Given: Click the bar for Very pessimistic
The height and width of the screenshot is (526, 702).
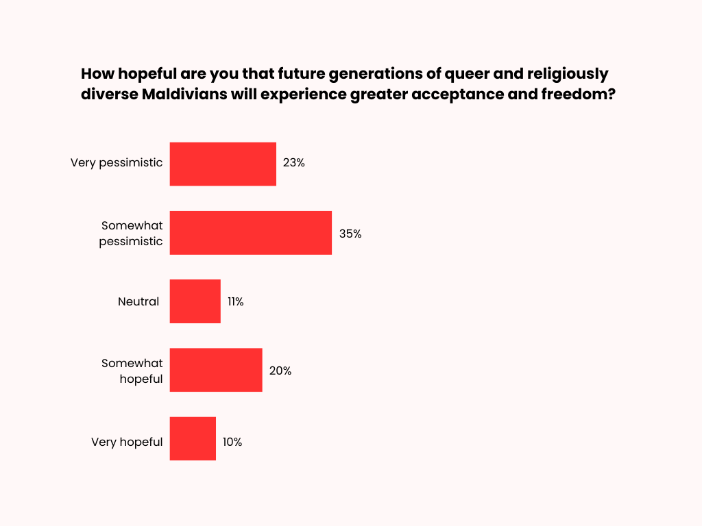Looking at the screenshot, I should [x=223, y=164].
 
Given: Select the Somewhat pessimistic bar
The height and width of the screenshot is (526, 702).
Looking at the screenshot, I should [x=251, y=233].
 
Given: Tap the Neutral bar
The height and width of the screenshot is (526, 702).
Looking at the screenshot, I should [x=195, y=301].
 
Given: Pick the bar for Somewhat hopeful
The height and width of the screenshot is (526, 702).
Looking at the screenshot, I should [x=216, y=370].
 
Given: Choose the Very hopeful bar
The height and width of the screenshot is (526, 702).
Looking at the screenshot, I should [x=193, y=438].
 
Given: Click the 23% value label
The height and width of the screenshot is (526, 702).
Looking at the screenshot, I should [x=293, y=164].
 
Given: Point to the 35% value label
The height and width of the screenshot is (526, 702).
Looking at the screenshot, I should [x=350, y=234].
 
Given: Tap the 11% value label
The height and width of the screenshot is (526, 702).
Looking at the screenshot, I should [x=236, y=302].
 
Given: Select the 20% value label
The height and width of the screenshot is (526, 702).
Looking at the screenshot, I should [x=280, y=371].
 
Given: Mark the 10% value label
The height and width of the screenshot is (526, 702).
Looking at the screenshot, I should [x=232, y=442].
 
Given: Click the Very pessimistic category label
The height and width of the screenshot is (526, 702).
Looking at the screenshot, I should [x=117, y=163].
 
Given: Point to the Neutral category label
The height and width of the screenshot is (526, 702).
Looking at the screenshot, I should [x=138, y=301].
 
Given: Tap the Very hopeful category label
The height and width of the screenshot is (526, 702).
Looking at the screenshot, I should [x=127, y=442].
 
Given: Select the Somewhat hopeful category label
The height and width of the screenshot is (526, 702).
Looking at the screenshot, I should [x=132, y=371].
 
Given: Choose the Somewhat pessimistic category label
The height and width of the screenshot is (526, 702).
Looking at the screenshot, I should [x=131, y=233].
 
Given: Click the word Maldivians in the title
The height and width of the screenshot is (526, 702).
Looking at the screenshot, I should [x=183, y=95].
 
